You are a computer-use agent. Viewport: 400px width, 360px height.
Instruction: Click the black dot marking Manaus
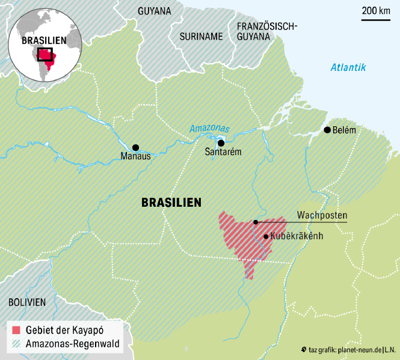(x=135, y=147)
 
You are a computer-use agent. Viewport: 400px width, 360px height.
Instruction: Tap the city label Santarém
(x=223, y=152)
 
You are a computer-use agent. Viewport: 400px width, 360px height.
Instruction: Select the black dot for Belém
(x=327, y=130)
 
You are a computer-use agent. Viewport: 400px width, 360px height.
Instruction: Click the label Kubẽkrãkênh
(x=297, y=236)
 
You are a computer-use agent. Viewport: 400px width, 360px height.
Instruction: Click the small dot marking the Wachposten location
(x=256, y=222)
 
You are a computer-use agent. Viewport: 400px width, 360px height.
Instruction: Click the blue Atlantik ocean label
(x=348, y=67)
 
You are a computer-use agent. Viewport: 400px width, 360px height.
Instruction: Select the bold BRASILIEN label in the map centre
(x=171, y=203)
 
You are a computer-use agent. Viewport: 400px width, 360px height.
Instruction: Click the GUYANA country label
(x=155, y=11)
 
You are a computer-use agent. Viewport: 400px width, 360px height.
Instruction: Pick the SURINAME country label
(x=202, y=36)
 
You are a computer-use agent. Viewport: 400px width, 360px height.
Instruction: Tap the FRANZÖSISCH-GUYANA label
(x=267, y=31)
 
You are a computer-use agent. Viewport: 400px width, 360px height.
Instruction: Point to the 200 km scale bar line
(x=376, y=20)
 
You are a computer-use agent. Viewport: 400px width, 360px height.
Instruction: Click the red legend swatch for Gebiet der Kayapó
(x=17, y=330)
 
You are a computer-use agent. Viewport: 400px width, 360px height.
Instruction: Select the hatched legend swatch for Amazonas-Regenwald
(x=17, y=344)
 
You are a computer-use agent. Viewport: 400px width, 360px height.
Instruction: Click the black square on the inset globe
(x=45, y=54)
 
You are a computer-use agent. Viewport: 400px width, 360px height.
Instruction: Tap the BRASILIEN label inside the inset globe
(x=44, y=40)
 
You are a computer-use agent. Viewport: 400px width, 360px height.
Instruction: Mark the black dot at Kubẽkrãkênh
(x=266, y=236)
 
